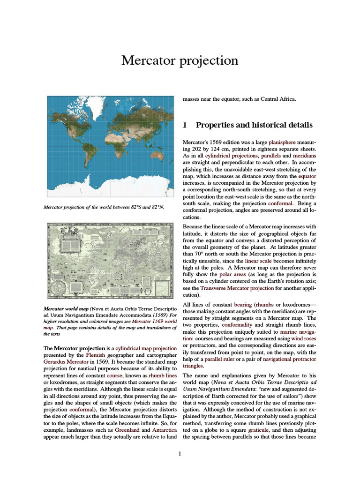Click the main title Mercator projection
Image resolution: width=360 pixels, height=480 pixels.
[180, 60]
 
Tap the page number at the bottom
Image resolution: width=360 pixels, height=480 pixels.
[180, 454]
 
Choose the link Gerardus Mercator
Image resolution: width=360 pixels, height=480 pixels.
[65, 362]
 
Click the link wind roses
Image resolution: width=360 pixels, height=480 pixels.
[304, 338]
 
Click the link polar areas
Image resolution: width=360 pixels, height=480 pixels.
[232, 274]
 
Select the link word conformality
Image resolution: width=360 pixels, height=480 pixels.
[237, 324]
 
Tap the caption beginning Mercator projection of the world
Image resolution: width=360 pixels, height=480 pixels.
[104, 207]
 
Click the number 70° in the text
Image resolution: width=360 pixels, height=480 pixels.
[199, 253]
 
